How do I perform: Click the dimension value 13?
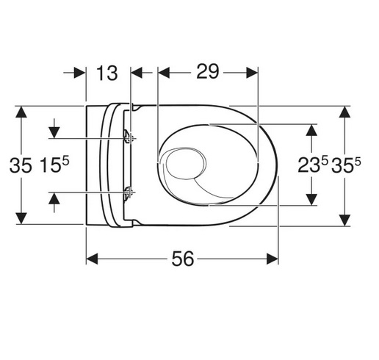(x=107, y=73)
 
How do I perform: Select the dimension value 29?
(x=207, y=71)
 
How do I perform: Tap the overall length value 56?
(x=183, y=259)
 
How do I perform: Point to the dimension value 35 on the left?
(x=21, y=165)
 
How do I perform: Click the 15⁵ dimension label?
(x=54, y=165)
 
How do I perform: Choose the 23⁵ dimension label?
(x=313, y=165)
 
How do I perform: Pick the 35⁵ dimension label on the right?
(x=346, y=165)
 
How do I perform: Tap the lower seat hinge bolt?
(x=128, y=193)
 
